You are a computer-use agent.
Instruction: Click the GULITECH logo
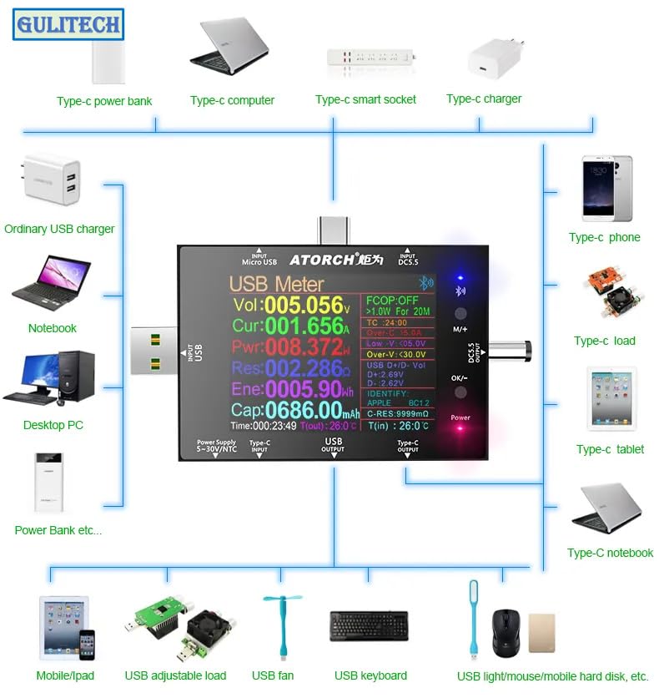point(68,24)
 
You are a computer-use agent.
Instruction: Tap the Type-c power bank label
point(104,101)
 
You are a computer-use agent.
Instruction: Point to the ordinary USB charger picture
point(52,179)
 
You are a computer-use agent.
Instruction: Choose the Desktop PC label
point(53,425)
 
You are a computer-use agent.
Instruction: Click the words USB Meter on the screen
point(276,284)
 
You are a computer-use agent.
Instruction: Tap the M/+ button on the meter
point(460,315)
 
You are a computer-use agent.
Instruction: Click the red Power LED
point(460,429)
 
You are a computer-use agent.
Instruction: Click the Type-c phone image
point(606,189)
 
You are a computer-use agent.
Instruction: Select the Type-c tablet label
point(610,449)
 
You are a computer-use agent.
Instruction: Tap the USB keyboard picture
point(369,625)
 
